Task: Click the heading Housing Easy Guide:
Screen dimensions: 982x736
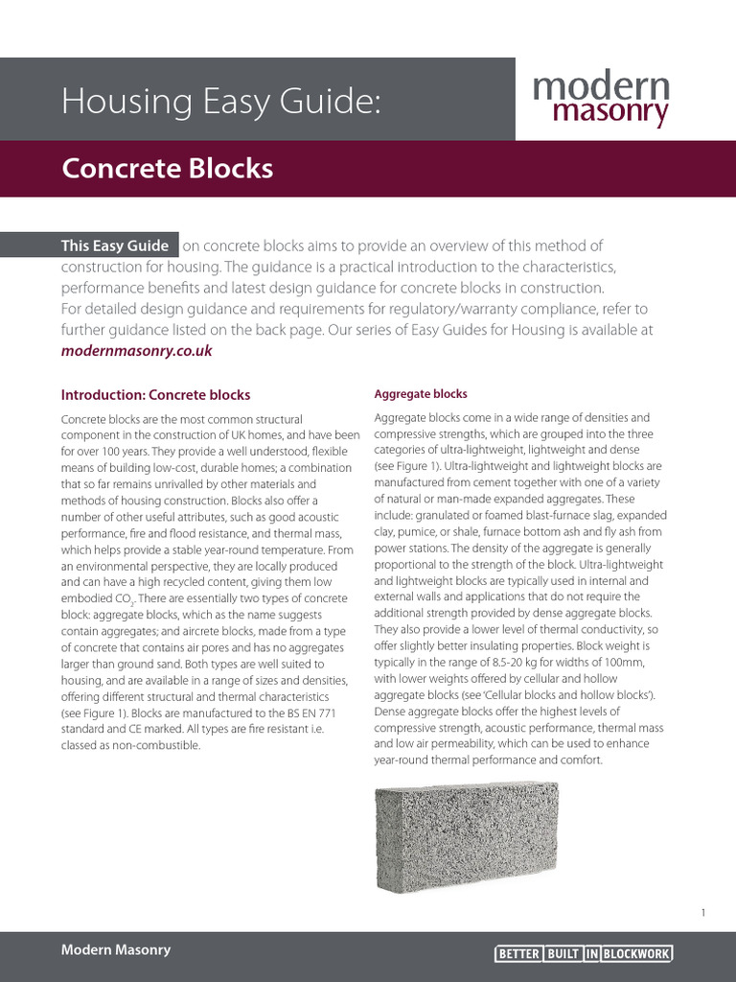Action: point(220,101)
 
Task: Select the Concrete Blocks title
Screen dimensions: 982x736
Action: point(167,169)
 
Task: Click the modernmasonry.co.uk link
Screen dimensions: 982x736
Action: point(136,351)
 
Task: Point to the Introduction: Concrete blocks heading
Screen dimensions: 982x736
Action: point(155,394)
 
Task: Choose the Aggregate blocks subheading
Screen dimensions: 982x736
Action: point(420,394)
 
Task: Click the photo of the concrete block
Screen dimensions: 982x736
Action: point(468,835)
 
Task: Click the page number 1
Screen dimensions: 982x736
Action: point(702,913)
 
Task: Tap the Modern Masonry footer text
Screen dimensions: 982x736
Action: point(116,949)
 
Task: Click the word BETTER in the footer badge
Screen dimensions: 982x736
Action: point(518,954)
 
